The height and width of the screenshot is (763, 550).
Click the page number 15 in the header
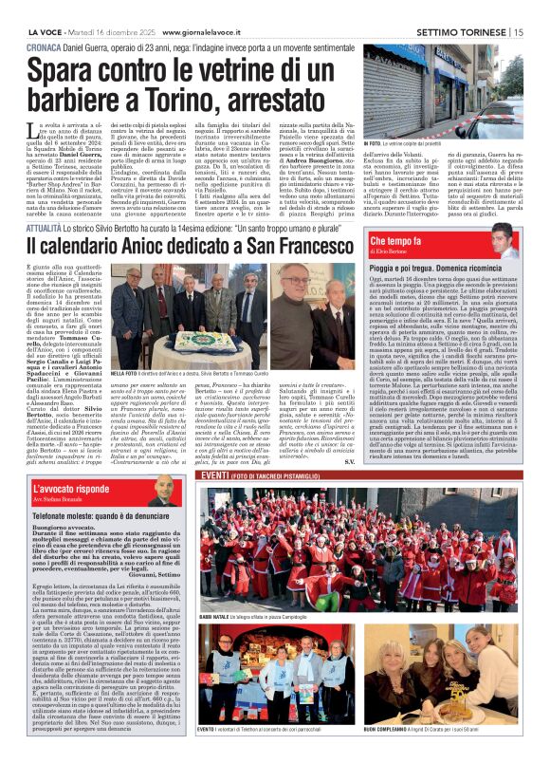click(x=539, y=10)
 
